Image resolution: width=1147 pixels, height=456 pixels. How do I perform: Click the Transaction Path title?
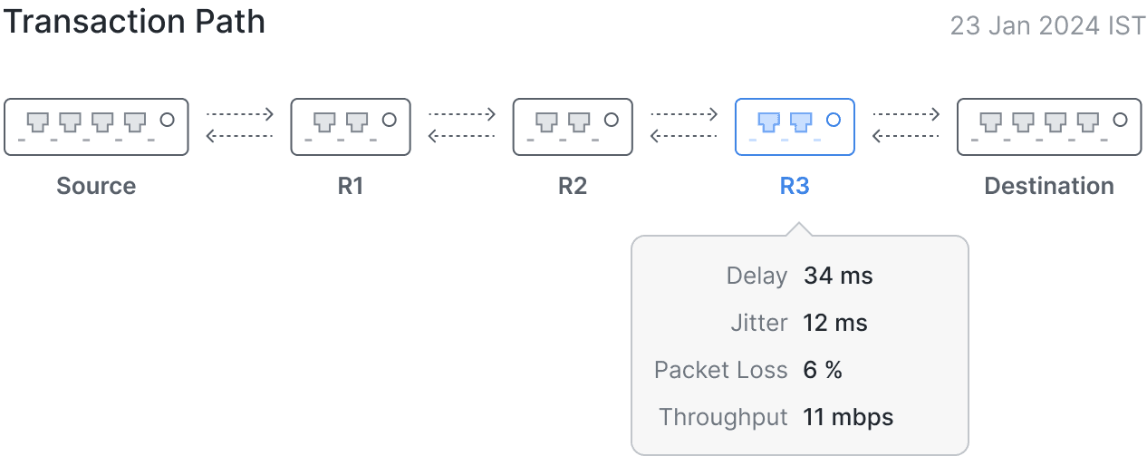(x=134, y=22)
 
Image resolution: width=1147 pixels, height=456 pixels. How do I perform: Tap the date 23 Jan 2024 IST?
(x=1047, y=25)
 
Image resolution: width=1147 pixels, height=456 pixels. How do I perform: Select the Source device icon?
(x=96, y=126)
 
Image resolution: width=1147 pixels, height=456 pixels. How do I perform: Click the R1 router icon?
(x=351, y=126)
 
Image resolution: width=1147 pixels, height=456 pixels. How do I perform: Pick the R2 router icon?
(x=573, y=126)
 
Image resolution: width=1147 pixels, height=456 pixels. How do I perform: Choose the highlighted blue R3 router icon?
(x=795, y=126)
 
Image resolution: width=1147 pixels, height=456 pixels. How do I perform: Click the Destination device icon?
(x=1048, y=126)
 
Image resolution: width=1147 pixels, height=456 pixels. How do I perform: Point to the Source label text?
(x=96, y=186)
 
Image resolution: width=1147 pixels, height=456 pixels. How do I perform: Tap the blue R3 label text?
(x=795, y=186)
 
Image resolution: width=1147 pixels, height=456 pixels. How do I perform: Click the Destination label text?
(x=1049, y=186)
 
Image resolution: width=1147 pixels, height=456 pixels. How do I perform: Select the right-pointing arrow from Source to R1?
(x=239, y=114)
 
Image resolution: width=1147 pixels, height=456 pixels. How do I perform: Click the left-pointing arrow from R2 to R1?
(x=461, y=137)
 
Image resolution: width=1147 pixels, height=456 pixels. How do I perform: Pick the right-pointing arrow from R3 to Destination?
(x=906, y=114)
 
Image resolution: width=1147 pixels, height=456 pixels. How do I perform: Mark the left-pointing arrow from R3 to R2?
(x=684, y=137)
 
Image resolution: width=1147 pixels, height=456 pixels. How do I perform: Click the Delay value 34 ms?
(x=838, y=276)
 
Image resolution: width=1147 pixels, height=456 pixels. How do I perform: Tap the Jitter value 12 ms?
(x=835, y=323)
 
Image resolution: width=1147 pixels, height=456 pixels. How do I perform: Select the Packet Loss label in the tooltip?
(x=720, y=370)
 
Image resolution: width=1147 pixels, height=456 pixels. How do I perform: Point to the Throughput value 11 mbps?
(x=848, y=417)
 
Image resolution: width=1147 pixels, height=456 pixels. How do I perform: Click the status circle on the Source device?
(x=168, y=119)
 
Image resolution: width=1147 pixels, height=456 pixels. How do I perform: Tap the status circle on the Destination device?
(x=1120, y=119)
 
